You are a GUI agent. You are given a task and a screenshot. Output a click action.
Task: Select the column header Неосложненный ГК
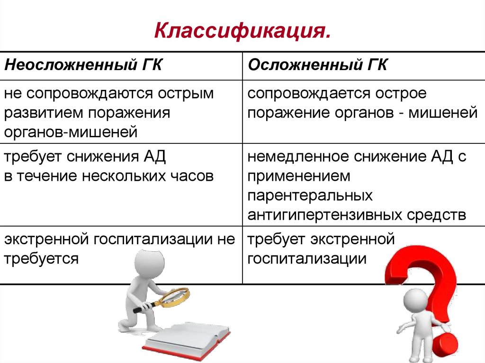coord(83,65)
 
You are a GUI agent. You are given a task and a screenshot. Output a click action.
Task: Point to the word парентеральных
coord(310,195)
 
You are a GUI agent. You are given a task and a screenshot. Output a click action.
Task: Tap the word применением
coord(299,176)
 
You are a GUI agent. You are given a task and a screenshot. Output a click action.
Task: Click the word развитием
coord(45,113)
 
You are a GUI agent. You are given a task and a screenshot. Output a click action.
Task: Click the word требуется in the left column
coord(41,258)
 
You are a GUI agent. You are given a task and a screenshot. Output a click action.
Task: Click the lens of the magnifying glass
coord(176,297)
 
